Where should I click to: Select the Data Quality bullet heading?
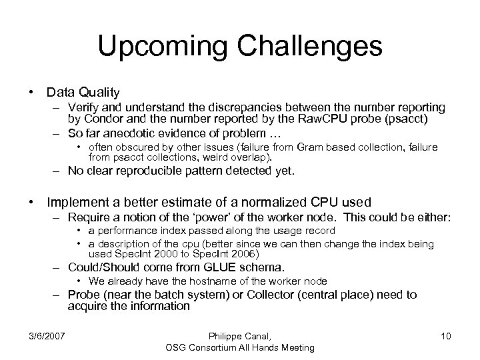83,92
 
